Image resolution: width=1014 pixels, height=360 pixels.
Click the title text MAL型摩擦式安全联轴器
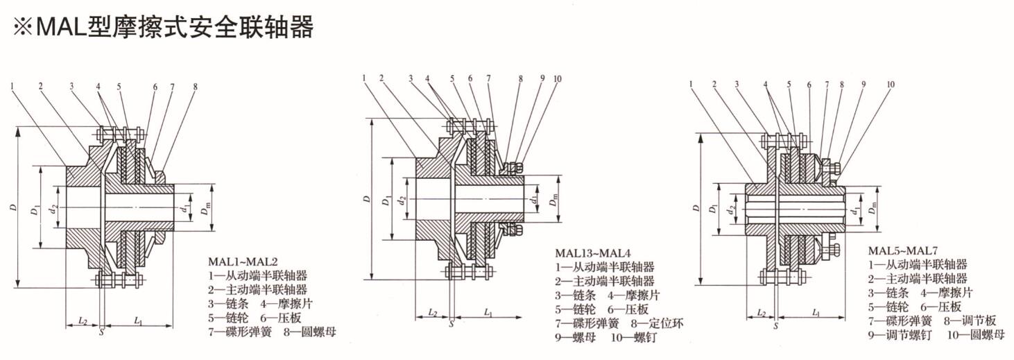(174, 27)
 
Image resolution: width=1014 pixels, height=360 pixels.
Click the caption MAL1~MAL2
(243, 262)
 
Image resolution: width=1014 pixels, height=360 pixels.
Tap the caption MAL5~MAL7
(902, 250)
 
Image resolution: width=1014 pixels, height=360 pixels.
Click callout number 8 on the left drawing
(196, 87)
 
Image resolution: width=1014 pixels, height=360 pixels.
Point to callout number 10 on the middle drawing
(557, 78)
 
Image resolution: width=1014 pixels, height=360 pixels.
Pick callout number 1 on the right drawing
(691, 85)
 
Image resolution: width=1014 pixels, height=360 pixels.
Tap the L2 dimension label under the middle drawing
(432, 314)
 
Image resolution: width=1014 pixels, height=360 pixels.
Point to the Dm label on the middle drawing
(553, 201)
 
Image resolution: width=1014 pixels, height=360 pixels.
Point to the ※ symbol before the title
(21, 28)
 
